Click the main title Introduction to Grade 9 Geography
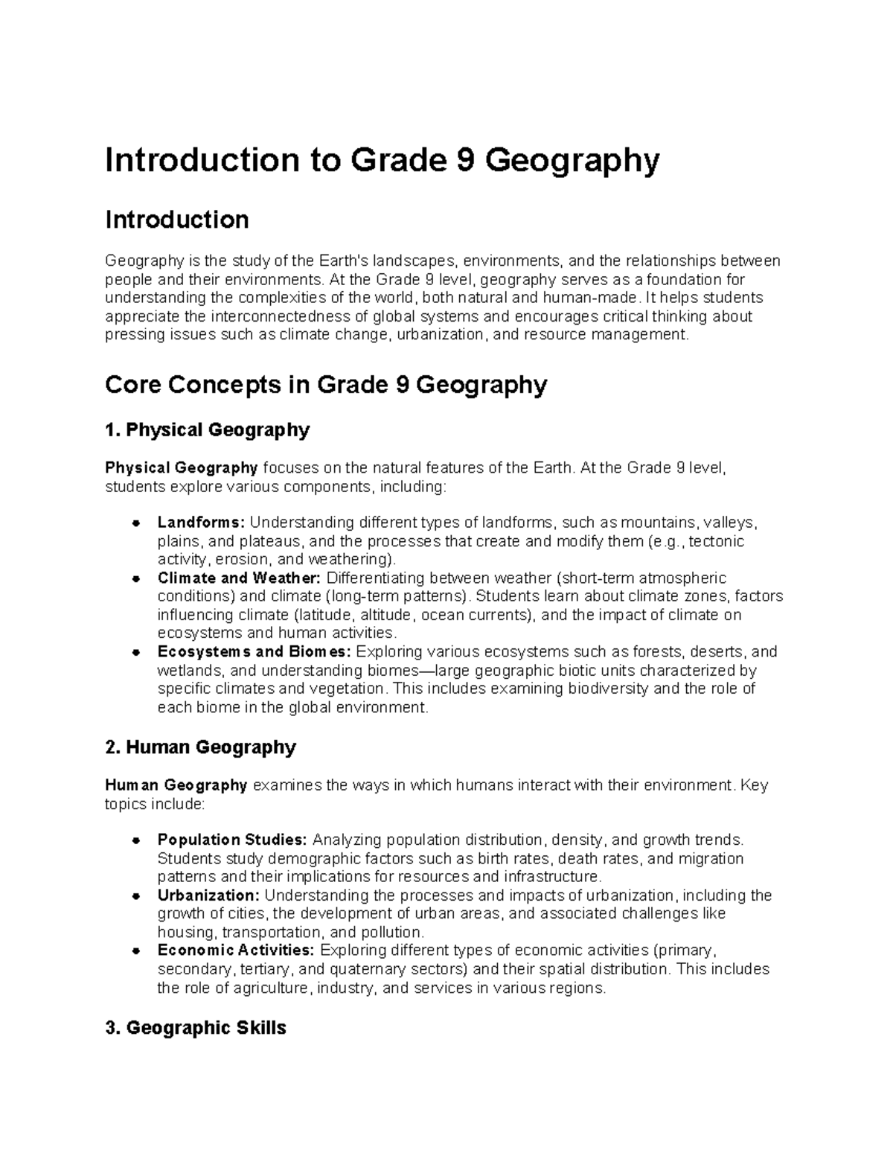(x=382, y=162)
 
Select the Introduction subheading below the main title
(x=176, y=220)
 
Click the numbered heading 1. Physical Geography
(x=207, y=429)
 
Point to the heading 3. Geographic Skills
(x=196, y=1028)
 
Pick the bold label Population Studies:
(x=232, y=840)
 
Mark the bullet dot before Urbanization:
(x=135, y=896)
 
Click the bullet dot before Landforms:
(x=135, y=523)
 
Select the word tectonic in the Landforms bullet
(x=717, y=541)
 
